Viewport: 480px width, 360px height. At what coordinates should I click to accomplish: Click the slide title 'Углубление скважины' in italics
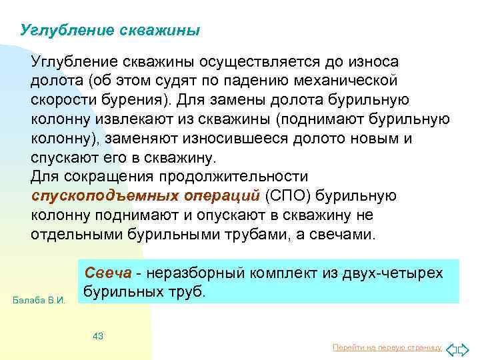(x=110, y=31)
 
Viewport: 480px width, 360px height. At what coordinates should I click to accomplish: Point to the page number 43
(x=98, y=336)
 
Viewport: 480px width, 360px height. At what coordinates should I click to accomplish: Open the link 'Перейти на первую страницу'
(x=387, y=348)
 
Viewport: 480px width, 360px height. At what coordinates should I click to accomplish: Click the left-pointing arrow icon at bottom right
(x=451, y=348)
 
